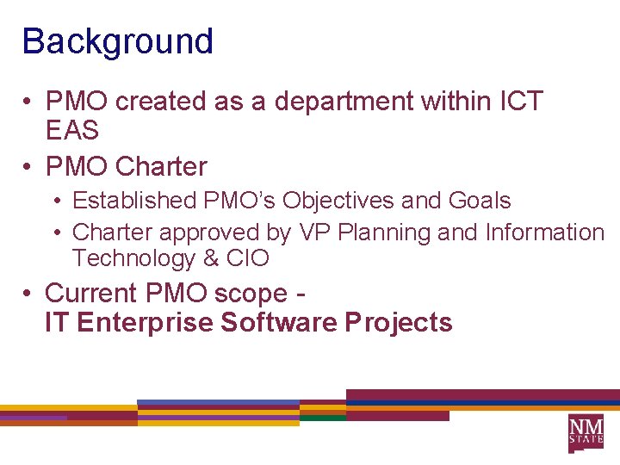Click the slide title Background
[x=117, y=41]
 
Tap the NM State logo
[x=586, y=432]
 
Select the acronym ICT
[x=521, y=102]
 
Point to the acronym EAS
[x=72, y=131]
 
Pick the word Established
[x=134, y=201]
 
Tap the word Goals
[x=480, y=201]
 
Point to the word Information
[x=545, y=232]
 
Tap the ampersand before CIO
[x=210, y=258]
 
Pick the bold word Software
[x=279, y=323]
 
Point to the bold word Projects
[x=398, y=323]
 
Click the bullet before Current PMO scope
[x=28, y=294]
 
